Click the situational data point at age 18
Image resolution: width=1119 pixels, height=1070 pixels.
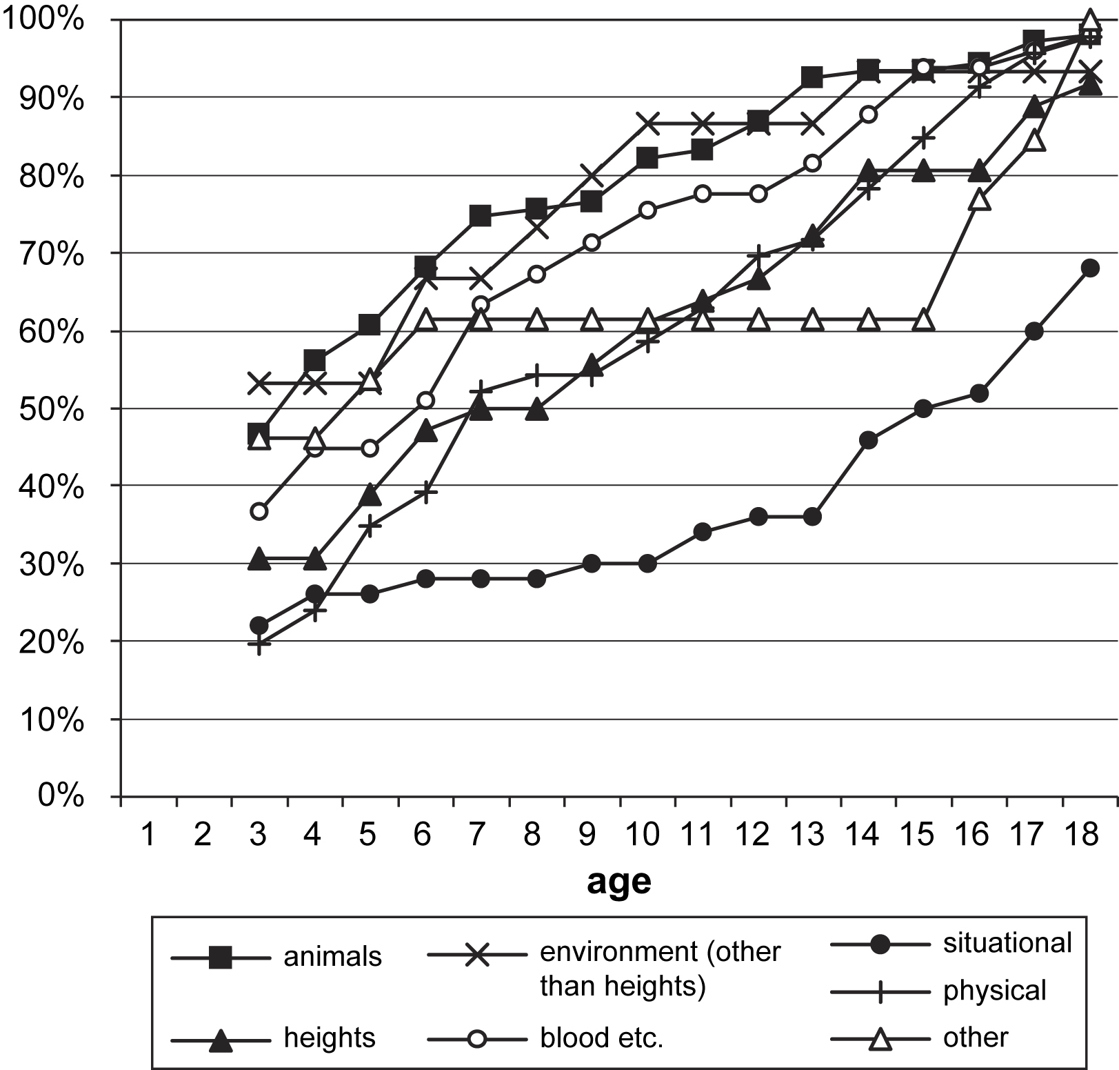(1090, 268)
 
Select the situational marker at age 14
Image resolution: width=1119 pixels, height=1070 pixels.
(869, 440)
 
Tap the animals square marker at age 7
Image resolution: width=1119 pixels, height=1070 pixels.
(481, 216)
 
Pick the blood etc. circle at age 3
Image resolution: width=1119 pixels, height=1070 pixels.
(259, 511)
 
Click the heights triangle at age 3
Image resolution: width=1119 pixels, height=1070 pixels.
(259, 557)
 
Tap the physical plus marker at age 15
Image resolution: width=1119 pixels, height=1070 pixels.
(924, 138)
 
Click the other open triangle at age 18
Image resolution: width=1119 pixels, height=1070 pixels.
(1090, 20)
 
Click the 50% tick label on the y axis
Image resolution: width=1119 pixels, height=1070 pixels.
(52, 410)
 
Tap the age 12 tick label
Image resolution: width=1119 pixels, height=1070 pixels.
(752, 835)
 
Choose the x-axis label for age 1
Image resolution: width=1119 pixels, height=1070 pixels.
(147, 835)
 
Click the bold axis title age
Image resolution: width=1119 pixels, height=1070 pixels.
(618, 880)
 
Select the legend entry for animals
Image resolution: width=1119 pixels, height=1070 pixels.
(332, 958)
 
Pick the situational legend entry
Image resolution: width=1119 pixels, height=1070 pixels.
(1007, 943)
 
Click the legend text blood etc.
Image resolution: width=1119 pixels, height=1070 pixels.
(601, 1038)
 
